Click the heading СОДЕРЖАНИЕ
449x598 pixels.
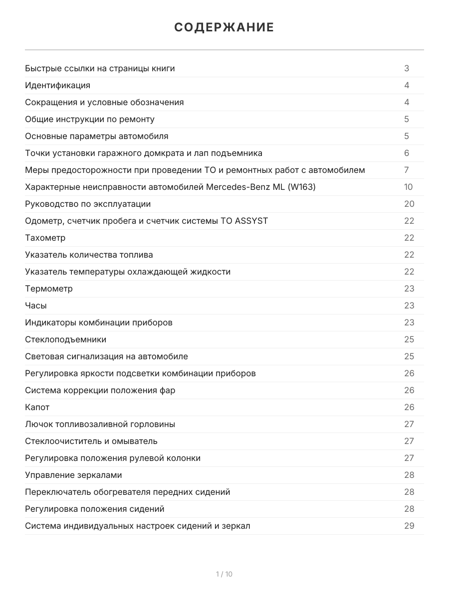tap(224, 27)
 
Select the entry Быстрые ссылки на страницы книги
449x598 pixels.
tap(100, 68)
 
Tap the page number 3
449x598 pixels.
tap(407, 68)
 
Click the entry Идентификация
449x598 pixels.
tap(57, 85)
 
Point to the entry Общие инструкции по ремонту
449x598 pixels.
tap(90, 119)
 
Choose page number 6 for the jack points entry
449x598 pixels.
tap(407, 153)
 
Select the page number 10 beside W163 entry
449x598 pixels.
tap(409, 187)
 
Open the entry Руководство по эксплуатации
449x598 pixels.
tap(88, 204)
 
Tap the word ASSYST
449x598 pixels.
tap(251, 221)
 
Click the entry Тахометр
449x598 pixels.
tap(45, 238)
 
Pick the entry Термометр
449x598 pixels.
tap(48, 289)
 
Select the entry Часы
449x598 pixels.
tap(36, 305)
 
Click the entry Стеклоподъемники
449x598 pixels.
tap(65, 339)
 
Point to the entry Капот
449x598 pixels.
tap(37, 407)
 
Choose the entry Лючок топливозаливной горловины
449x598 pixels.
tap(100, 424)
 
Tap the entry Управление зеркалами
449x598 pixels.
tap(73, 475)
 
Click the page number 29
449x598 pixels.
tap(409, 526)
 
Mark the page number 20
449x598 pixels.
tap(409, 204)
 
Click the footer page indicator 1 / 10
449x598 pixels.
tap(224, 574)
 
